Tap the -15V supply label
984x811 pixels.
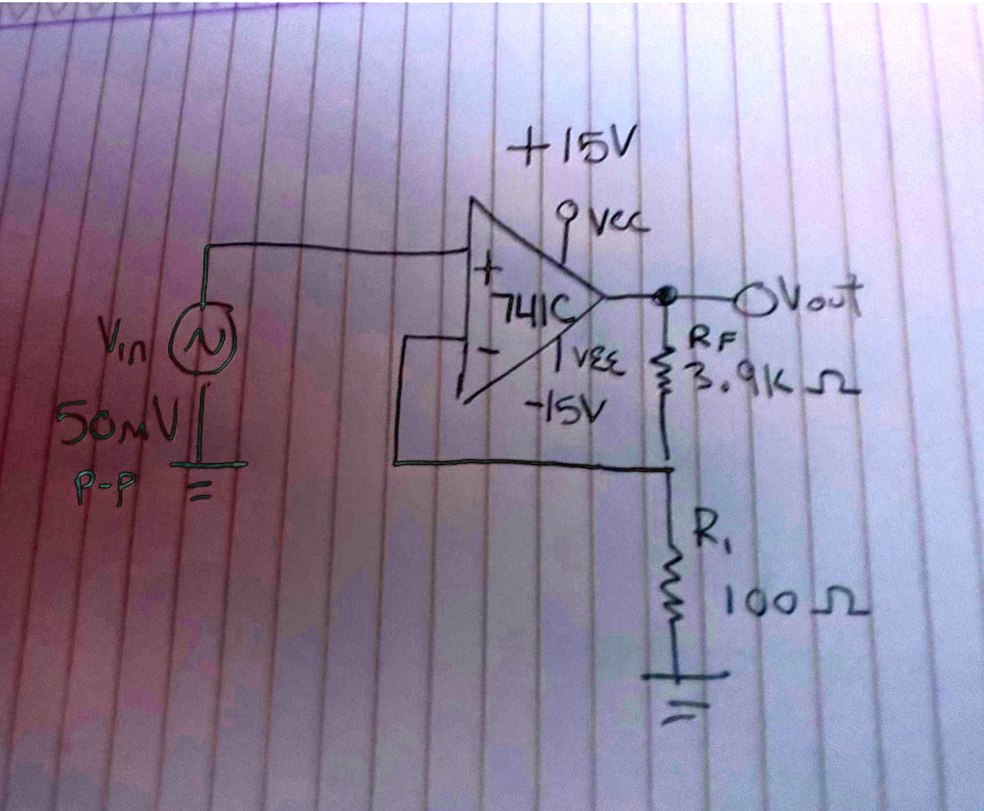[555, 407]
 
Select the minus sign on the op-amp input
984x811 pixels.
[490, 353]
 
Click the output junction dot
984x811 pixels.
[662, 295]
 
